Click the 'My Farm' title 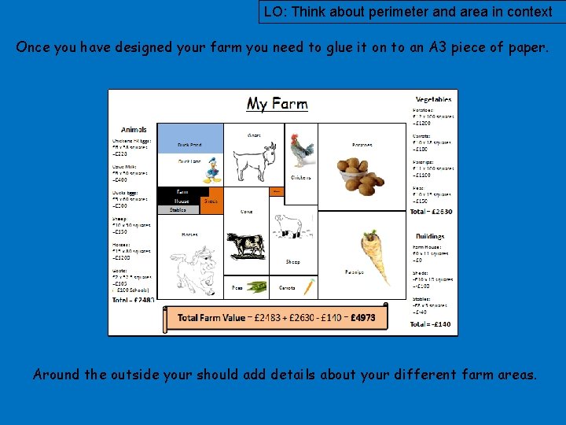click(x=277, y=104)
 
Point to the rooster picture click(x=301, y=150)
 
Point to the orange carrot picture click(x=309, y=287)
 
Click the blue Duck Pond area click(x=189, y=139)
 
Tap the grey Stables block click(x=178, y=210)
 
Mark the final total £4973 click(x=364, y=317)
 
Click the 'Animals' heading click(x=134, y=130)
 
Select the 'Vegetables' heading click(x=433, y=100)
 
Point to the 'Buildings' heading click(x=430, y=236)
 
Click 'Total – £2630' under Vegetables click(x=432, y=211)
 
